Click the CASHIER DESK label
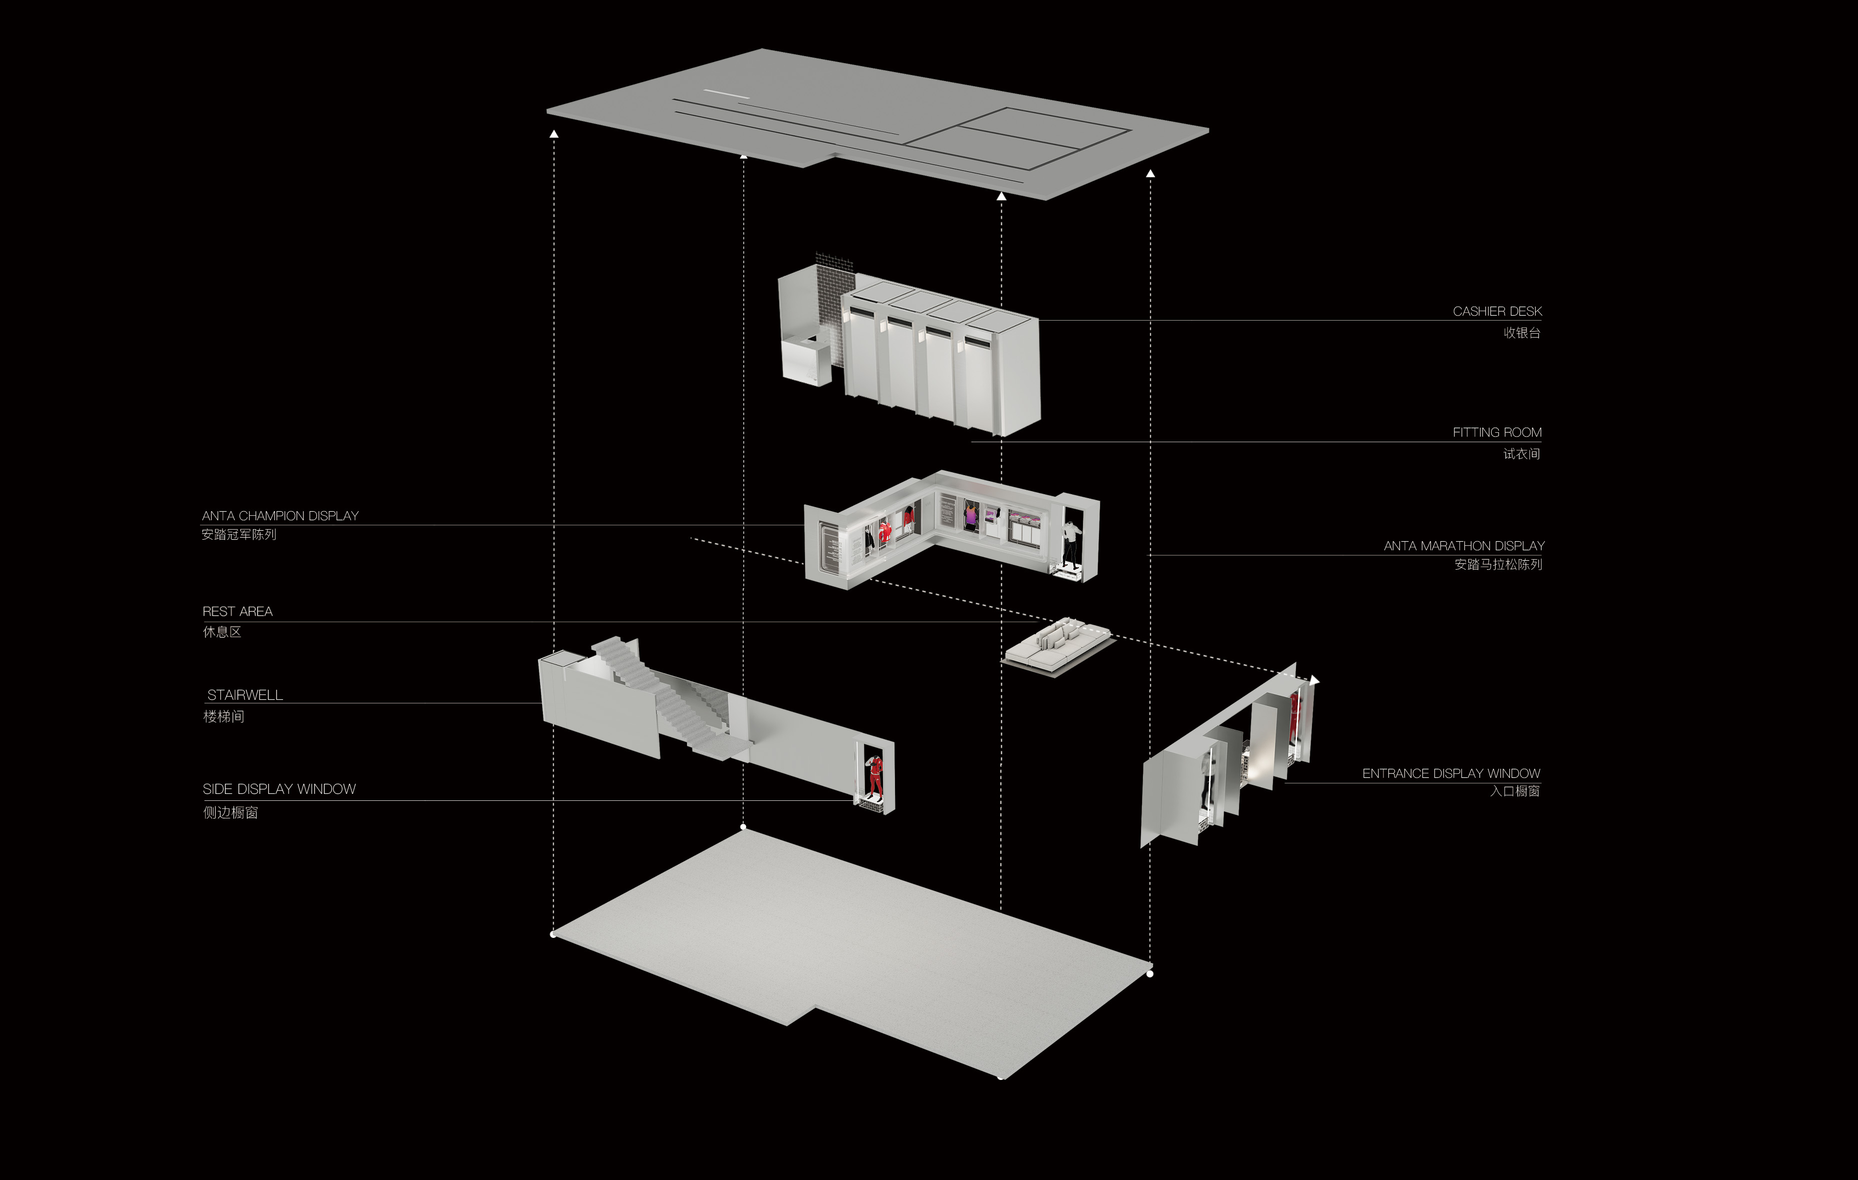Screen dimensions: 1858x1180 pyautogui.click(x=1497, y=311)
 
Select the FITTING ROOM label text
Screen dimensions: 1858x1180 pyautogui.click(x=1497, y=432)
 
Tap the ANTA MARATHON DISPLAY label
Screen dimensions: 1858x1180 pyautogui.click(x=1463, y=546)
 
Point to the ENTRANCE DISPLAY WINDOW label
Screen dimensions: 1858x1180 pyautogui.click(x=1450, y=773)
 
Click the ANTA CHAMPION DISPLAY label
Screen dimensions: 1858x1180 pyautogui.click(x=280, y=516)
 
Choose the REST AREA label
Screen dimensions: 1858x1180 pyautogui.click(x=237, y=611)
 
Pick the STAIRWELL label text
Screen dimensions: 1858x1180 pyautogui.click(x=244, y=695)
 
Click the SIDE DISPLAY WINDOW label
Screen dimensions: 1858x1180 pyautogui.click(x=279, y=789)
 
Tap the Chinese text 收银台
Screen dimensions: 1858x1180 pyautogui.click(x=1521, y=333)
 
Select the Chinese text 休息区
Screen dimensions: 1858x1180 pyautogui.click(x=222, y=632)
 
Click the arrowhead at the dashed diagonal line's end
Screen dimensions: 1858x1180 pyautogui.click(x=1315, y=680)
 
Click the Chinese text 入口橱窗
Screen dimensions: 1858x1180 pyautogui.click(x=1514, y=791)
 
